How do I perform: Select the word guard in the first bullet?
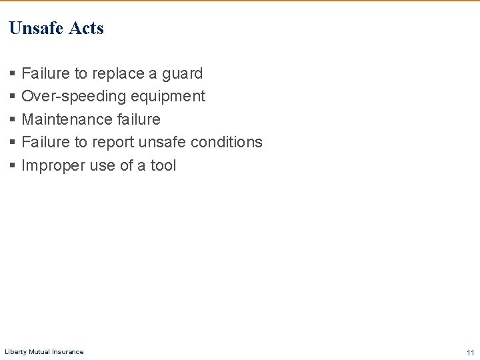182,73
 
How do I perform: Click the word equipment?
168,96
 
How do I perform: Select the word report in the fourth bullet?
113,142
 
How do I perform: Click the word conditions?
226,142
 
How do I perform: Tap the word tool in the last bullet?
163,165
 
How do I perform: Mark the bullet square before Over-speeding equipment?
13,97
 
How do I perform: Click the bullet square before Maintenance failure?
13,120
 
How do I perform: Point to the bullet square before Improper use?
13,166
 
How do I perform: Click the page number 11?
470,353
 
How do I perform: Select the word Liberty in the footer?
15,351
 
